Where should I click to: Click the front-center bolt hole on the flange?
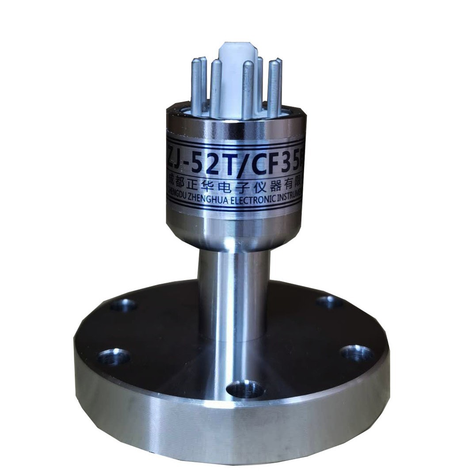(x=244, y=389)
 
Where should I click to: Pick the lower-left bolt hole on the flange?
(x=114, y=356)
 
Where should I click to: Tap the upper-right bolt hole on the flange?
(x=329, y=302)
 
